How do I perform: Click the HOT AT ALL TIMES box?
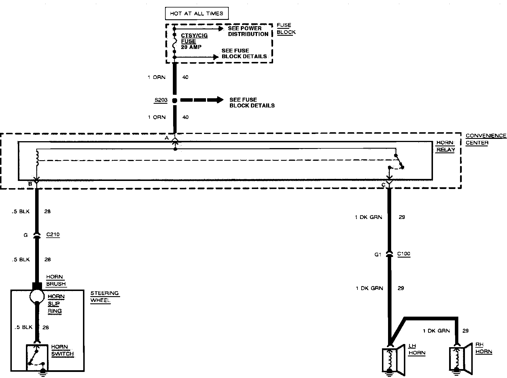196,13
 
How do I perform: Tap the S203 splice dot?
175,100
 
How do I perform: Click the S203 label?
161,100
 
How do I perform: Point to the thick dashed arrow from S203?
202,100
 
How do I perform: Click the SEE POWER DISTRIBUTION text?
248,31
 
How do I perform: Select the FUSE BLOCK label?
286,29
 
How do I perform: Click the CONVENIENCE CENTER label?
486,139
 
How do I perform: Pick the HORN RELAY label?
445,146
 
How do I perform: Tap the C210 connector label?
53,235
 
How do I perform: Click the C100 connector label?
404,254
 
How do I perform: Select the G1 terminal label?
378,254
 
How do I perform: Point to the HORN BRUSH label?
56,280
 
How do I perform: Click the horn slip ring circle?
37,296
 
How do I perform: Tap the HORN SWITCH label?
62,350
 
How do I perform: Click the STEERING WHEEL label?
104,297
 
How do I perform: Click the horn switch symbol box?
37,357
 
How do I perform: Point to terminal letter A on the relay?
167,138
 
